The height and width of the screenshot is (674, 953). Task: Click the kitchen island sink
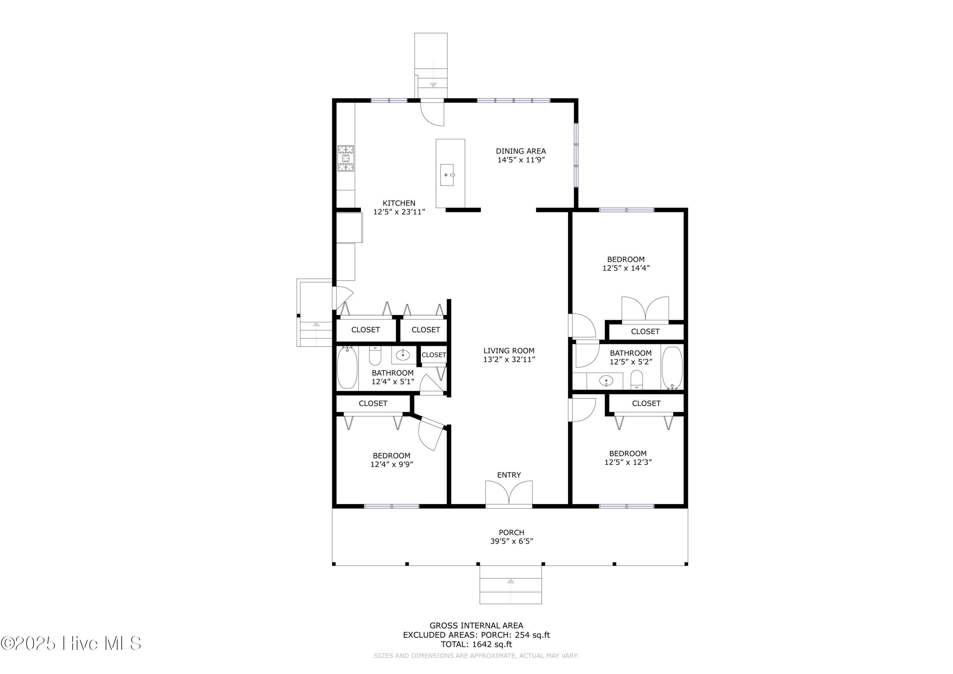point(447,175)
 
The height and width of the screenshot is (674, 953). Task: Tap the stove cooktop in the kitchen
point(346,158)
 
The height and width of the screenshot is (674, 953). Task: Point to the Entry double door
point(509,494)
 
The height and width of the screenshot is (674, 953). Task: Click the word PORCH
point(511,532)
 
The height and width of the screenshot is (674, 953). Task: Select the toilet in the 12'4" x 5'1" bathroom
point(375,356)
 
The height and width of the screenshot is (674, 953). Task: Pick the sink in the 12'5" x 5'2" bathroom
point(607,380)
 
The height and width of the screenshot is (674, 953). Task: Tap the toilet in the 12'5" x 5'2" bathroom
point(636,380)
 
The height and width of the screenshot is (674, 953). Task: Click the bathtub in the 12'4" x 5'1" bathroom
point(347,368)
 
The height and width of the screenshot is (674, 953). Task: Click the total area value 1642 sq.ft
point(492,644)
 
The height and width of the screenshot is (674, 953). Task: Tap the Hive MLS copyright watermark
point(71,643)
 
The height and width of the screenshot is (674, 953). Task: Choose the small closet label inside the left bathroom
point(434,355)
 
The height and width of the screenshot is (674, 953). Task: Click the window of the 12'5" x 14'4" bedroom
point(626,210)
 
